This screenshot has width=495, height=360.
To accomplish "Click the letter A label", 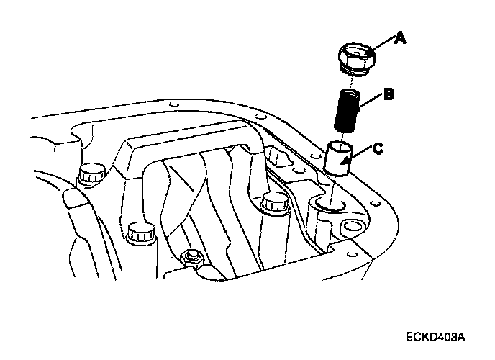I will coord(399,37).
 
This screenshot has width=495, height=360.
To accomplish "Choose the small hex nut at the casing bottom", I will coord(191,256).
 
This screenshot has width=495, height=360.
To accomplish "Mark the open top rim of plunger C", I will coord(338,146).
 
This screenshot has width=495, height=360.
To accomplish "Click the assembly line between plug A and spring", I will coord(352,79).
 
